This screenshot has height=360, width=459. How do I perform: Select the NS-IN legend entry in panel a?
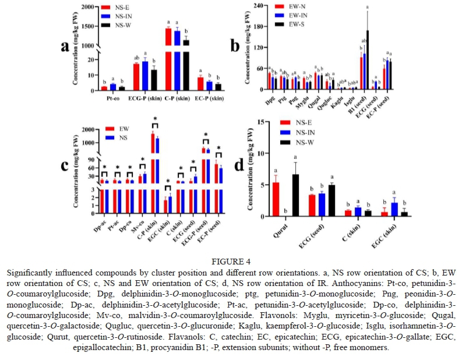[122, 17]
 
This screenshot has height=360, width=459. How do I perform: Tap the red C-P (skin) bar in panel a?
[168, 58]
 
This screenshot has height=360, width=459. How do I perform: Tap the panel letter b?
[235, 47]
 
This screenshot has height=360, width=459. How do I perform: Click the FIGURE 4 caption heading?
[230, 262]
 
